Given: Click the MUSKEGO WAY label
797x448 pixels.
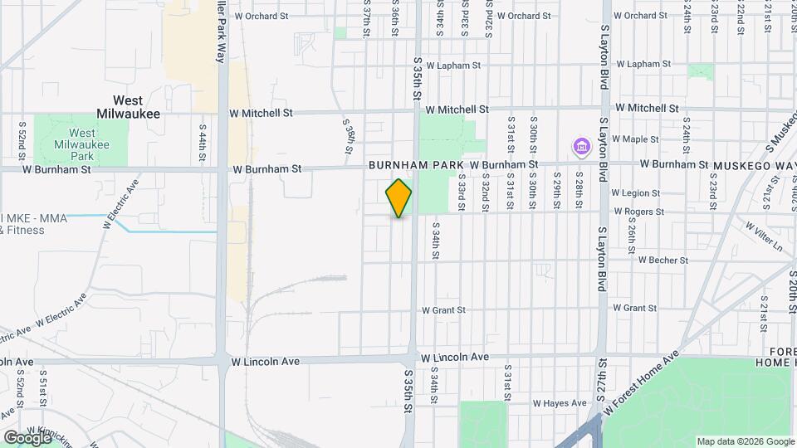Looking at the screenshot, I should click(x=754, y=165).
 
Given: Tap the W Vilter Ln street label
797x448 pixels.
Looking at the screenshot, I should click(x=764, y=236).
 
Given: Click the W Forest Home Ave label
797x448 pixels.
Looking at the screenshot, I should click(x=641, y=383).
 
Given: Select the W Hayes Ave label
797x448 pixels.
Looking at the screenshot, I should click(x=560, y=402).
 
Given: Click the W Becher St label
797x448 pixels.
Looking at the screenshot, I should click(x=663, y=260).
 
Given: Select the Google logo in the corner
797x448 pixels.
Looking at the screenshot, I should click(x=27, y=437).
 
